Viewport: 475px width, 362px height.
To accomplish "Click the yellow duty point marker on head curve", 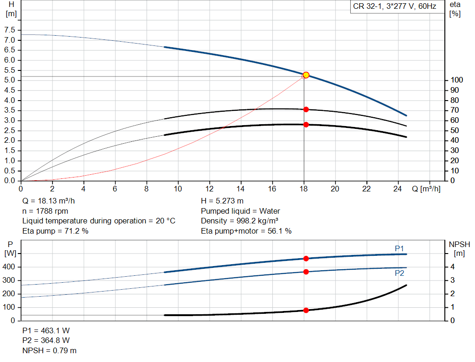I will [306, 75].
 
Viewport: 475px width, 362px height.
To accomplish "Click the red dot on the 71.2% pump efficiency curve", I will [306, 109].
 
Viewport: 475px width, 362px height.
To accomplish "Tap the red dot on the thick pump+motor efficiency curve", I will [306, 125].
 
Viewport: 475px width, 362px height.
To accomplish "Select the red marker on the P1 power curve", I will [306, 259].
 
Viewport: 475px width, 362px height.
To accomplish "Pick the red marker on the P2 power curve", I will [306, 272].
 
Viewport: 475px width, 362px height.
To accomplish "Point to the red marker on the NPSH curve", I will [306, 310].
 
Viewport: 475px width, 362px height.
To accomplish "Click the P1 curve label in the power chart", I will [399, 249].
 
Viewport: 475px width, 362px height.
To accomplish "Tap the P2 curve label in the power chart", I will [399, 273].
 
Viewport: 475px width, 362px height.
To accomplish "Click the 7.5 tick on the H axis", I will [9, 30].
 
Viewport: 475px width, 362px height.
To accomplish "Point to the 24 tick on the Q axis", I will [398, 189].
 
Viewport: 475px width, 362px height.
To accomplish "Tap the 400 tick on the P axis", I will [10, 267].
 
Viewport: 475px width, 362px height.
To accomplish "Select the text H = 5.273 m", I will [222, 201].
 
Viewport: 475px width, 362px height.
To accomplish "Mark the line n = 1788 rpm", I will [45, 211].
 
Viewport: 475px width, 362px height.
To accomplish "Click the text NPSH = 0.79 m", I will [50, 350].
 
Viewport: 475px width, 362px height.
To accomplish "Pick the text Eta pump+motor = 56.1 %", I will [246, 231].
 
